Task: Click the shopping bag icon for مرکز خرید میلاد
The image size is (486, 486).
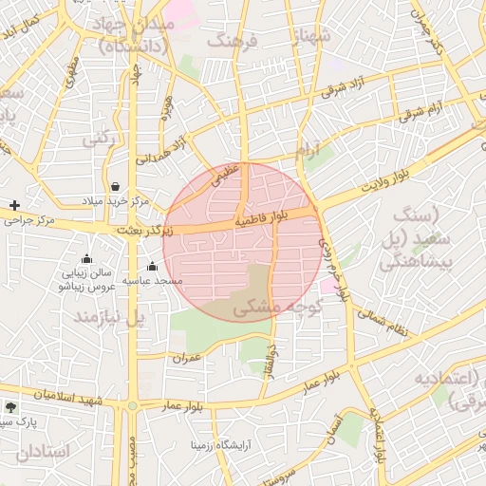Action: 115,186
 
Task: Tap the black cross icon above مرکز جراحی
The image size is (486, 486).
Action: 14,205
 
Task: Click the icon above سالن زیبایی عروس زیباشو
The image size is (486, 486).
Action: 87,258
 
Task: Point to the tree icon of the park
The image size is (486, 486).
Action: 11,405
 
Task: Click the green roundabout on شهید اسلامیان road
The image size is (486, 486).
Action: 132,406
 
